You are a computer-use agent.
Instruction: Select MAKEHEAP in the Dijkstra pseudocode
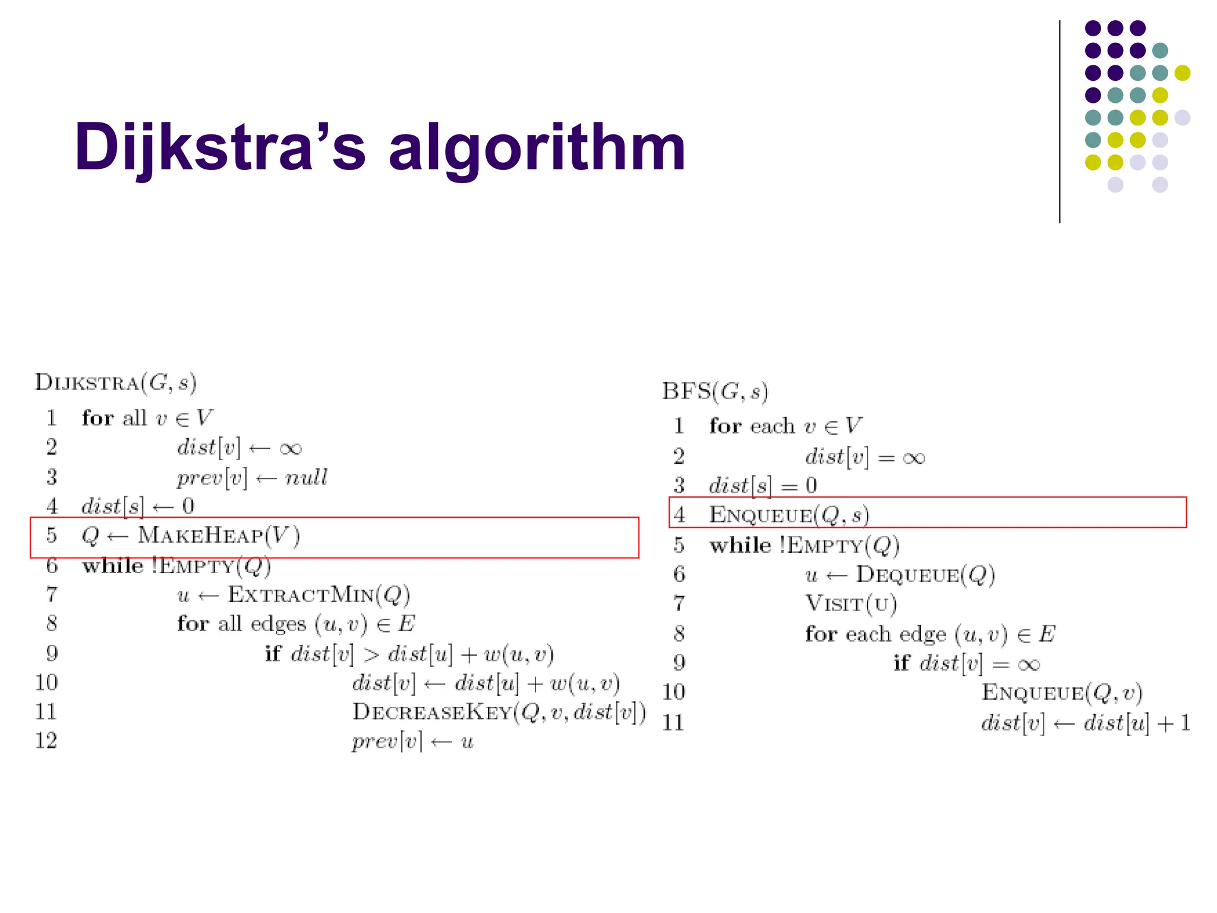201,536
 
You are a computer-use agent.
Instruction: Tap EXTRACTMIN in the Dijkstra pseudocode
301,594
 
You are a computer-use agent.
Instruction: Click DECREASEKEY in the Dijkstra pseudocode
432,712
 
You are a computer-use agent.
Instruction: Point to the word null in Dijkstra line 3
306,477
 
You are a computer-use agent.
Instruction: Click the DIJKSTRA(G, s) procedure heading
115,382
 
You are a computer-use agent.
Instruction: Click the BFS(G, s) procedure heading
715,392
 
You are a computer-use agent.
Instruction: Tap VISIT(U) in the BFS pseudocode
851,604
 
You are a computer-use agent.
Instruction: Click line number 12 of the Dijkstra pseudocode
46,741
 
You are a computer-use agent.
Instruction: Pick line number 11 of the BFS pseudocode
673,723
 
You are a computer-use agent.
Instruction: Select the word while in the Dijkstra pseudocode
113,565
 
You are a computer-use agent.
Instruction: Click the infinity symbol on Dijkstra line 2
290,448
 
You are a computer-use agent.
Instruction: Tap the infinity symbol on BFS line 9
1029,664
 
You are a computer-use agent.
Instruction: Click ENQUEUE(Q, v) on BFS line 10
1061,693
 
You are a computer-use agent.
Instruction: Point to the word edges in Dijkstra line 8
278,624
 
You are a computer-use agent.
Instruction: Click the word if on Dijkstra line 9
273,654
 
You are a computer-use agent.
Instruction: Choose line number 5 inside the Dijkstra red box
52,536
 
